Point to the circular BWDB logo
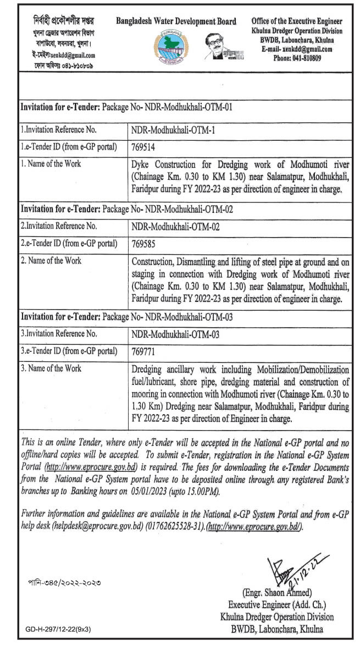[175, 49]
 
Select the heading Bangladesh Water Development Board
[176, 21]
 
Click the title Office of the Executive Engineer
[297, 20]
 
